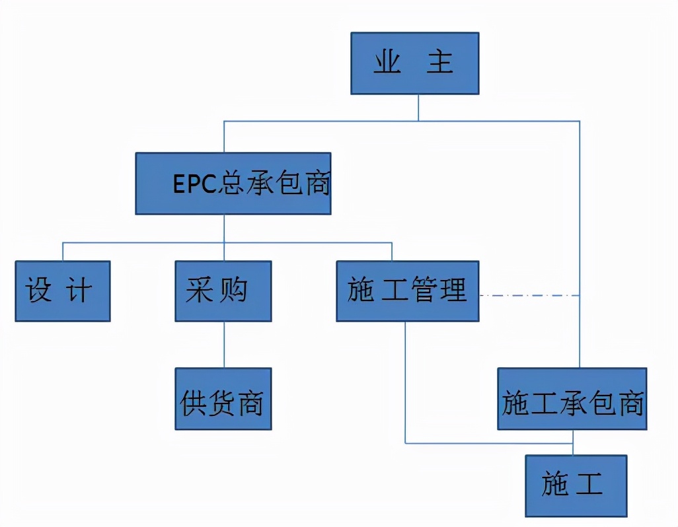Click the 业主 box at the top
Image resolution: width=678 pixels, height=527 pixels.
pyautogui.click(x=414, y=63)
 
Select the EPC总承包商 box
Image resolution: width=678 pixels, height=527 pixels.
pyautogui.click(x=233, y=184)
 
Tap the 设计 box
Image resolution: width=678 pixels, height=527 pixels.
pyautogui.click(x=62, y=291)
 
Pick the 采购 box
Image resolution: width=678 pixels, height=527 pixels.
pyautogui.click(x=224, y=291)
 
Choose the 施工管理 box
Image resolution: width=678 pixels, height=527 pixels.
pyautogui.click(x=407, y=291)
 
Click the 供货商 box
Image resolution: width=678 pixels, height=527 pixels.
pyautogui.click(x=223, y=399)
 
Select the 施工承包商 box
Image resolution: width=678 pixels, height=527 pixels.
pyautogui.click(x=572, y=399)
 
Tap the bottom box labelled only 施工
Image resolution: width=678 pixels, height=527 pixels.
pyautogui.click(x=576, y=485)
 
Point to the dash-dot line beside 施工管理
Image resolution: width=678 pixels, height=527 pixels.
pyautogui.click(x=529, y=295)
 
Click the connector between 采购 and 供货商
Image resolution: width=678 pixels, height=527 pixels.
pyautogui.click(x=224, y=345)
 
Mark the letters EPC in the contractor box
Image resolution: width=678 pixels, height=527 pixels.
pyautogui.click(x=196, y=184)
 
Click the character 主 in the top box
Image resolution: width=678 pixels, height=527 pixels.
pyautogui.click(x=439, y=63)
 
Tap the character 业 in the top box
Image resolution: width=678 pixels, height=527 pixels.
pyautogui.click(x=387, y=63)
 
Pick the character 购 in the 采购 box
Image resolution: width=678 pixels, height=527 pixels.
pyautogui.click(x=235, y=291)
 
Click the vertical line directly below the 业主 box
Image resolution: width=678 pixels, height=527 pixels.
pyautogui.click(x=418, y=108)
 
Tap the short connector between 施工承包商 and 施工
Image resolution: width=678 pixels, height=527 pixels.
pyautogui.click(x=573, y=442)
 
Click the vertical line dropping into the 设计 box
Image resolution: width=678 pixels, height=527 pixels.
pyautogui.click(x=63, y=252)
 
